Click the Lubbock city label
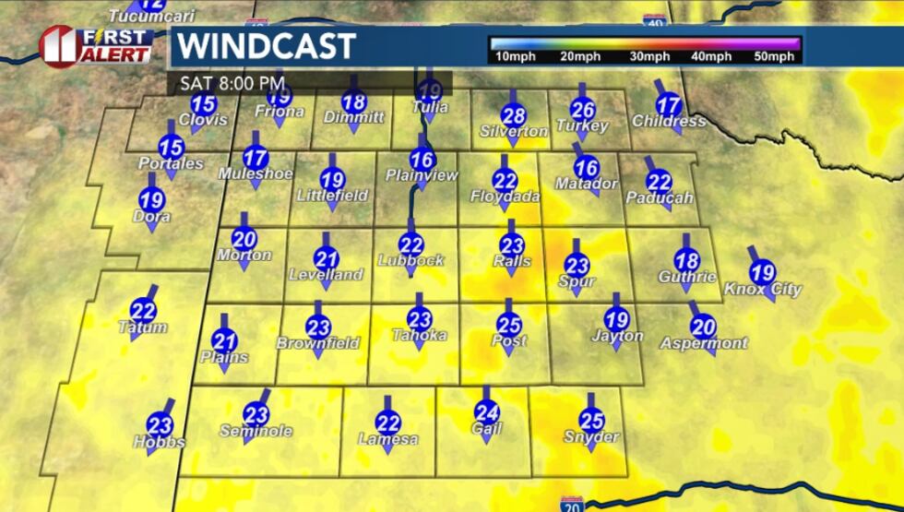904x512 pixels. [411, 260]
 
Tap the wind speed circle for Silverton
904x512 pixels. [514, 116]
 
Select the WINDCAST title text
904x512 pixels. [266, 46]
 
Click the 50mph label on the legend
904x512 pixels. [773, 57]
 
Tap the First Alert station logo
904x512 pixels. [96, 45]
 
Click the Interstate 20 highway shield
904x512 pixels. [571, 504]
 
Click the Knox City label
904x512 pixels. [763, 289]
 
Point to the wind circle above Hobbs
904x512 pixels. [160, 425]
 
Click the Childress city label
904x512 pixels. [669, 122]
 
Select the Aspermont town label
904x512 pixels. [704, 343]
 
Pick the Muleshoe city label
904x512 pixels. [256, 173]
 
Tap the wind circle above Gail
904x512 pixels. [486, 413]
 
